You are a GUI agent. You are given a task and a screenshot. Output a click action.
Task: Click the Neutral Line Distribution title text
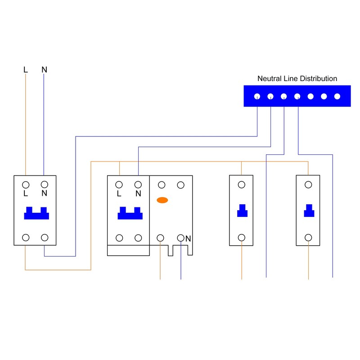(297, 79)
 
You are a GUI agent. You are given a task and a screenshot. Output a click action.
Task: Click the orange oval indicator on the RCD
(162, 200)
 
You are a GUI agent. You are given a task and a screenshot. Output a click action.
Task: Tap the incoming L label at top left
(26, 70)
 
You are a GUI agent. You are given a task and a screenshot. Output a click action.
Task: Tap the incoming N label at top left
(44, 70)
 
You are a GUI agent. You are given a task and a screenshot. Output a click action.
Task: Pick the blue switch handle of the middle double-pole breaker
(130, 213)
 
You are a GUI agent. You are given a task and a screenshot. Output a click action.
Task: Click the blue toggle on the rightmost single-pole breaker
(309, 210)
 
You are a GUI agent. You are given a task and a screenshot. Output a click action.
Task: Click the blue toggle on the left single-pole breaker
(242, 210)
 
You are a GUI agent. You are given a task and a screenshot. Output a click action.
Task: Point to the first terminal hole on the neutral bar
(257, 96)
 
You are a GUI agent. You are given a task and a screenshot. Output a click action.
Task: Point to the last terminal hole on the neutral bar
(337, 96)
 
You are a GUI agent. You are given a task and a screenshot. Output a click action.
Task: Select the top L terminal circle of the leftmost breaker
(26, 184)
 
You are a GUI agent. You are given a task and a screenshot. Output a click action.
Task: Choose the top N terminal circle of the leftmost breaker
(45, 184)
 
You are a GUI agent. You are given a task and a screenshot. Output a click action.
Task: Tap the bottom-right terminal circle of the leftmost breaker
(45, 238)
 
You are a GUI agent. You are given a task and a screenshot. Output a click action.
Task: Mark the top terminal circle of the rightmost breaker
(308, 184)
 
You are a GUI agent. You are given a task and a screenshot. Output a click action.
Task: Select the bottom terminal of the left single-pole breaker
(242, 238)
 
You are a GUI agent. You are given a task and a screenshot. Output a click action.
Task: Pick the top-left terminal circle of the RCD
(161, 184)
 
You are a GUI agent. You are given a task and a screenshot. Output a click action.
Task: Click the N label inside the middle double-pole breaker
(138, 194)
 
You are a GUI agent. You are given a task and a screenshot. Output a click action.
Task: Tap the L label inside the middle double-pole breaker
(119, 194)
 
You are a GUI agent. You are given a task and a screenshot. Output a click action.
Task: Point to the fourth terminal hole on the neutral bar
(297, 96)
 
